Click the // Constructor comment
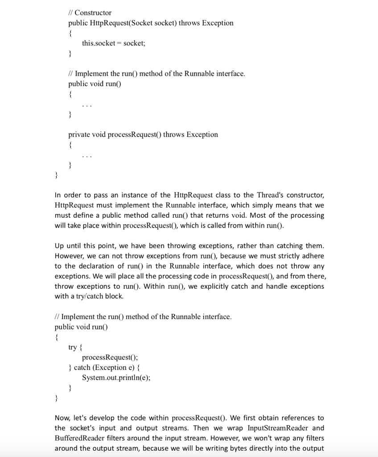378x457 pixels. click(x=90, y=12)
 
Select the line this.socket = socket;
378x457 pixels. click(x=114, y=43)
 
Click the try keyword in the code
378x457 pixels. click(x=72, y=347)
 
